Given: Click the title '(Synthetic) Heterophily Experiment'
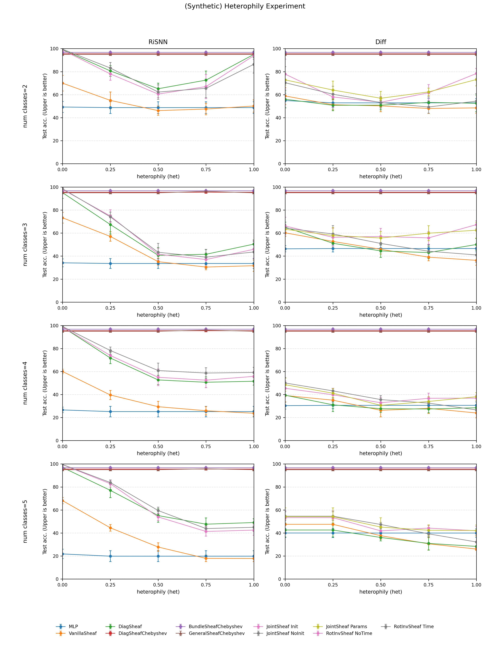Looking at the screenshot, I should [245, 6].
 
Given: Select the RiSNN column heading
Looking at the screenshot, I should [158, 42].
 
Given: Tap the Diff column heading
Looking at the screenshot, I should [380, 42].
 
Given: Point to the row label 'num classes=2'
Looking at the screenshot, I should [25, 106].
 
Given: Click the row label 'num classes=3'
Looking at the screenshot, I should [25, 244].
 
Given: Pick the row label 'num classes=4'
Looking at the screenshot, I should [25, 383].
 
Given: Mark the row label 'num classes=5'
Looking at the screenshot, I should [25, 521].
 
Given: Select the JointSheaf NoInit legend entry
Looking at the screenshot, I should [285, 633].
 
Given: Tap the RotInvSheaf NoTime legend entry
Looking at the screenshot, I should [349, 633].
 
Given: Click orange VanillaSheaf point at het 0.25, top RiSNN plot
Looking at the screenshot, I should [110, 100].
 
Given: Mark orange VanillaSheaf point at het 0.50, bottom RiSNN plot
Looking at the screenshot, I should [158, 547].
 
